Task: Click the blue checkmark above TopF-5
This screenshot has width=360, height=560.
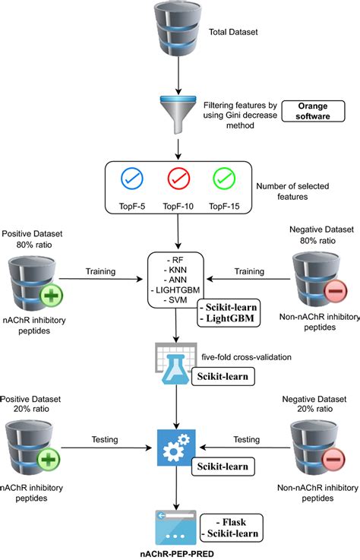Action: pos(132,179)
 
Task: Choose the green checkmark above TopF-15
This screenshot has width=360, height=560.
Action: pos(224,179)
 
